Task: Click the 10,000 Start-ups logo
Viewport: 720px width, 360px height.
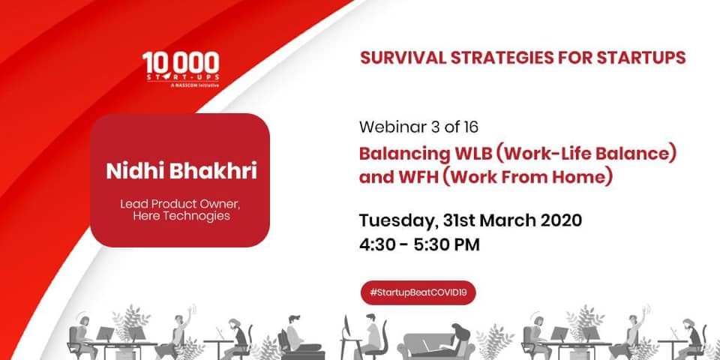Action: (181, 69)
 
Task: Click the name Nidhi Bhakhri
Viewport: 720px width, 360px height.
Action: (181, 171)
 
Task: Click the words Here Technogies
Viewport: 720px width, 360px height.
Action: (181, 216)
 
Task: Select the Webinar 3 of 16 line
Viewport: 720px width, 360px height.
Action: (418, 127)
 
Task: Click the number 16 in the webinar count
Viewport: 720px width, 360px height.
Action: (469, 127)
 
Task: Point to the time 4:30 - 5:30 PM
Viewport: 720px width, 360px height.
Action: (420, 244)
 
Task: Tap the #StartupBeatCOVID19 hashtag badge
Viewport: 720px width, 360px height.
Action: (418, 292)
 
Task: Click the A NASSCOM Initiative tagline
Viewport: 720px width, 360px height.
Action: (194, 85)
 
